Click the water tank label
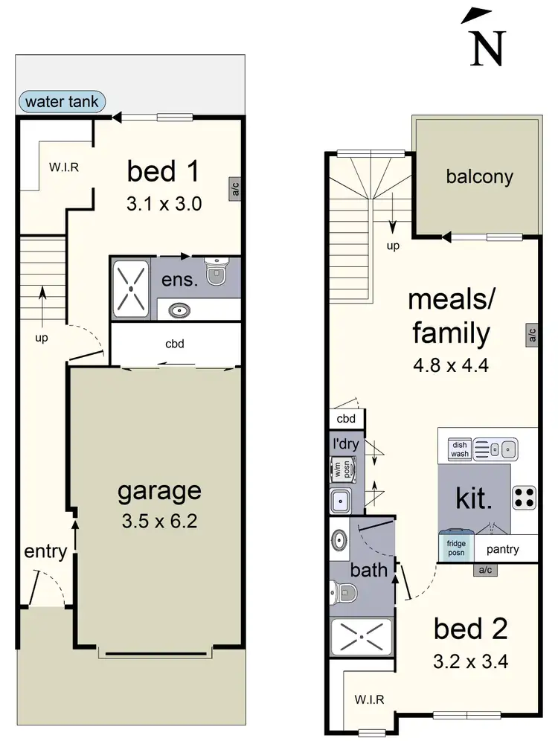[62, 102]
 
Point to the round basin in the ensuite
[179, 310]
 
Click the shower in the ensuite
[132, 288]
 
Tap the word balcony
[479, 176]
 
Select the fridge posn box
[455, 548]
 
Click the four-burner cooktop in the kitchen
[524, 496]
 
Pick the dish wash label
[459, 449]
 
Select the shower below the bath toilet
[361, 638]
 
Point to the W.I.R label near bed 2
[368, 699]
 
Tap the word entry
[45, 552]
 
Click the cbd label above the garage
[175, 344]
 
